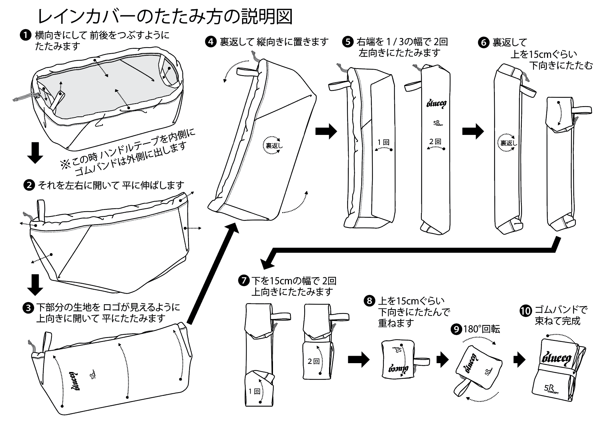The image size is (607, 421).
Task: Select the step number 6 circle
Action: (x=484, y=43)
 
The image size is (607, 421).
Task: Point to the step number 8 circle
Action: (x=370, y=301)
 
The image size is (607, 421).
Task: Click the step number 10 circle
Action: (x=525, y=311)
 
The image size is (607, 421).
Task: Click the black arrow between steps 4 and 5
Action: (x=326, y=131)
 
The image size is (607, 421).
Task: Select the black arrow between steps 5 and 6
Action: (x=472, y=131)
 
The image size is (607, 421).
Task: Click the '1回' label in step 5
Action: (x=383, y=142)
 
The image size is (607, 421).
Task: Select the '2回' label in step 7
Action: (x=313, y=361)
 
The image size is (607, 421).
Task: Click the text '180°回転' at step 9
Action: (x=481, y=329)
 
